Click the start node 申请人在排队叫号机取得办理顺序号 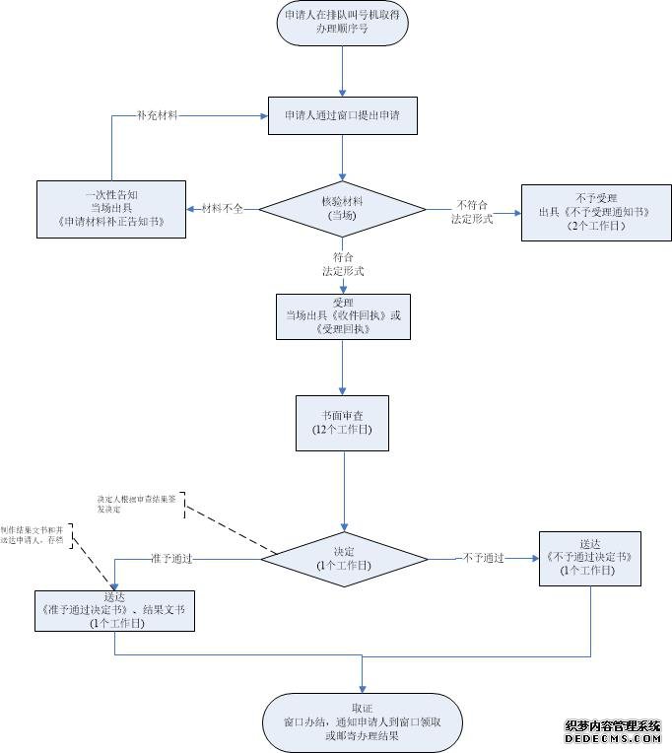343,24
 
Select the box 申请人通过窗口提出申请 342,116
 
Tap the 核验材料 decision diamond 341,208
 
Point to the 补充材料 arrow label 158,116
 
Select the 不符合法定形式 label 472,211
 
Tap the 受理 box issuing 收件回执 342,316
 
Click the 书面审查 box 343,422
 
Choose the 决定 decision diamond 344,559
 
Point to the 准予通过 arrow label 171,559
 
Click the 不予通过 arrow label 484,558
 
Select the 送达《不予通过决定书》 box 589,557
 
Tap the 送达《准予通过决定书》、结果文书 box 114,610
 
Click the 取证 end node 362,721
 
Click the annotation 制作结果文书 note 35,534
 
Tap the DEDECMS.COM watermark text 612,739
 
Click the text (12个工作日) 343,431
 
